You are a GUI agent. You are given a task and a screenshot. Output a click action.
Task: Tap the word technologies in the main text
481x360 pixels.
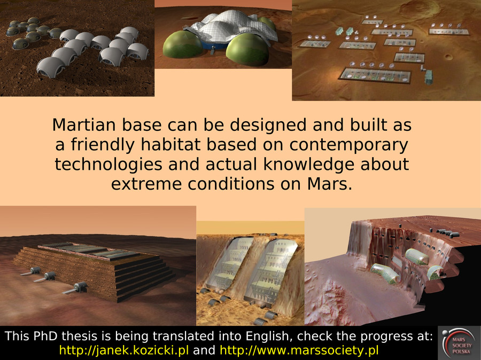(108, 165)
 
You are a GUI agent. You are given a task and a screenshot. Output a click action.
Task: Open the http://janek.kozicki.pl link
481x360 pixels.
(124, 350)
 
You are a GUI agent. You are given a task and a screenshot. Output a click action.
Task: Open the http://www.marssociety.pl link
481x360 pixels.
(299, 350)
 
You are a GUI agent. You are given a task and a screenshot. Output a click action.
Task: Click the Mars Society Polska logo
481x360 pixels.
(459, 343)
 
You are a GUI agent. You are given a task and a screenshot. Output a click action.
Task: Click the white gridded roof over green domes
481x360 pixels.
(232, 27)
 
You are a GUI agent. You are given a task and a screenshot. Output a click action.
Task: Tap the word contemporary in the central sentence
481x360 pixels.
(349, 145)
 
